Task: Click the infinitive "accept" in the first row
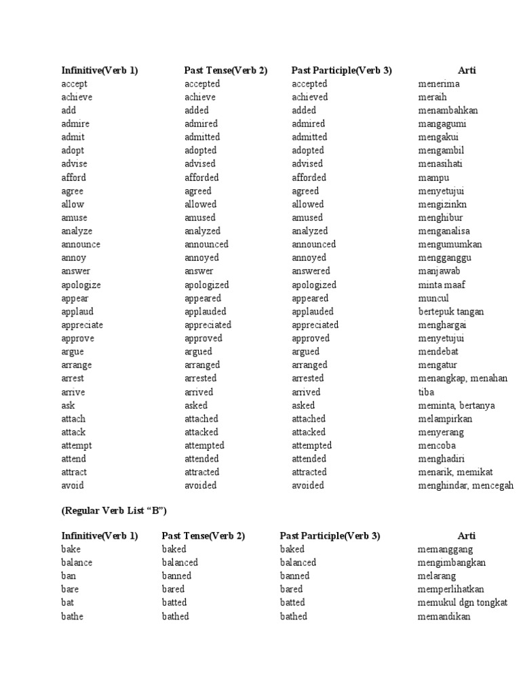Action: [74, 84]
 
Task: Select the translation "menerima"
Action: [439, 84]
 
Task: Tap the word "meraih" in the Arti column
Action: [433, 98]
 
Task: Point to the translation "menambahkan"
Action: [448, 110]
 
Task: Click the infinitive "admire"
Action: [75, 124]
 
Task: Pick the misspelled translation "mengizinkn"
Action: [442, 204]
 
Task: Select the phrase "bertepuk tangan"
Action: [451, 312]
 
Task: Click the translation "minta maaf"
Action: [442, 285]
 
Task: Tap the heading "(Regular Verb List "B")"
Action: [114, 510]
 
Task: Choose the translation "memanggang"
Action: [445, 549]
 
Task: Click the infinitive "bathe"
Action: [73, 616]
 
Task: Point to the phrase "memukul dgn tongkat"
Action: [463, 603]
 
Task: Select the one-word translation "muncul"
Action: [433, 298]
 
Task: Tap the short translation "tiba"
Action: [426, 392]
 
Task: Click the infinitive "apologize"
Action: [81, 285]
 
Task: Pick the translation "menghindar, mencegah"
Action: [466, 486]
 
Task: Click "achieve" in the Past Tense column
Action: [200, 98]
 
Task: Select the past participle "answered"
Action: [311, 271]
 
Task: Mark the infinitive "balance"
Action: [77, 563]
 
